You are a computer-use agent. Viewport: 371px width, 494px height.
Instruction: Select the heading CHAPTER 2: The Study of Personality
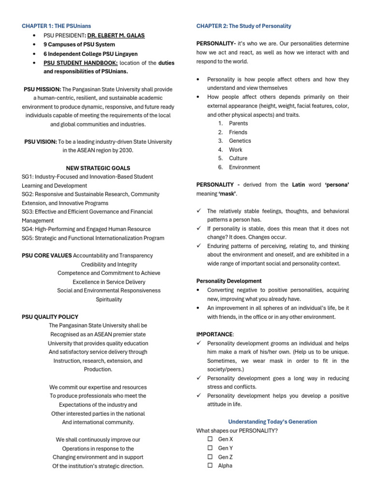pos(243,26)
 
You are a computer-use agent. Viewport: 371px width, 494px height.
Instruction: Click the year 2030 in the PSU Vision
pos(125,150)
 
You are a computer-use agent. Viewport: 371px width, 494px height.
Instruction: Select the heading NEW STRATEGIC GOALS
pos(98,168)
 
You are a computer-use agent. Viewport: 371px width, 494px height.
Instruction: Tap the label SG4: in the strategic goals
pos(29,229)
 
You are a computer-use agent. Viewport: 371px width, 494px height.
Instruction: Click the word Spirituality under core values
pos(109,300)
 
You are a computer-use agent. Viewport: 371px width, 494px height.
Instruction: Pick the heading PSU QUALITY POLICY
pos(50,317)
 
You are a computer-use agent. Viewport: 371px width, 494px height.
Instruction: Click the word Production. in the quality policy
pos(98,370)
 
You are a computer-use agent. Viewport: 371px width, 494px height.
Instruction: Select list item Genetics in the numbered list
pos(240,141)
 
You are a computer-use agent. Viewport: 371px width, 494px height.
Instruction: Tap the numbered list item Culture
pos(238,158)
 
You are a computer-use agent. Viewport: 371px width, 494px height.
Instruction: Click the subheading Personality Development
pos(229,281)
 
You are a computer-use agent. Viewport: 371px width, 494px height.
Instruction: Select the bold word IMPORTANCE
pos(214,334)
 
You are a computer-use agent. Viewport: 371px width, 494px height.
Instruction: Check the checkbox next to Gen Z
pos(210,457)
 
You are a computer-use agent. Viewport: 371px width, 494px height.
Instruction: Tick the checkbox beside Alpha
pos(210,466)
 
